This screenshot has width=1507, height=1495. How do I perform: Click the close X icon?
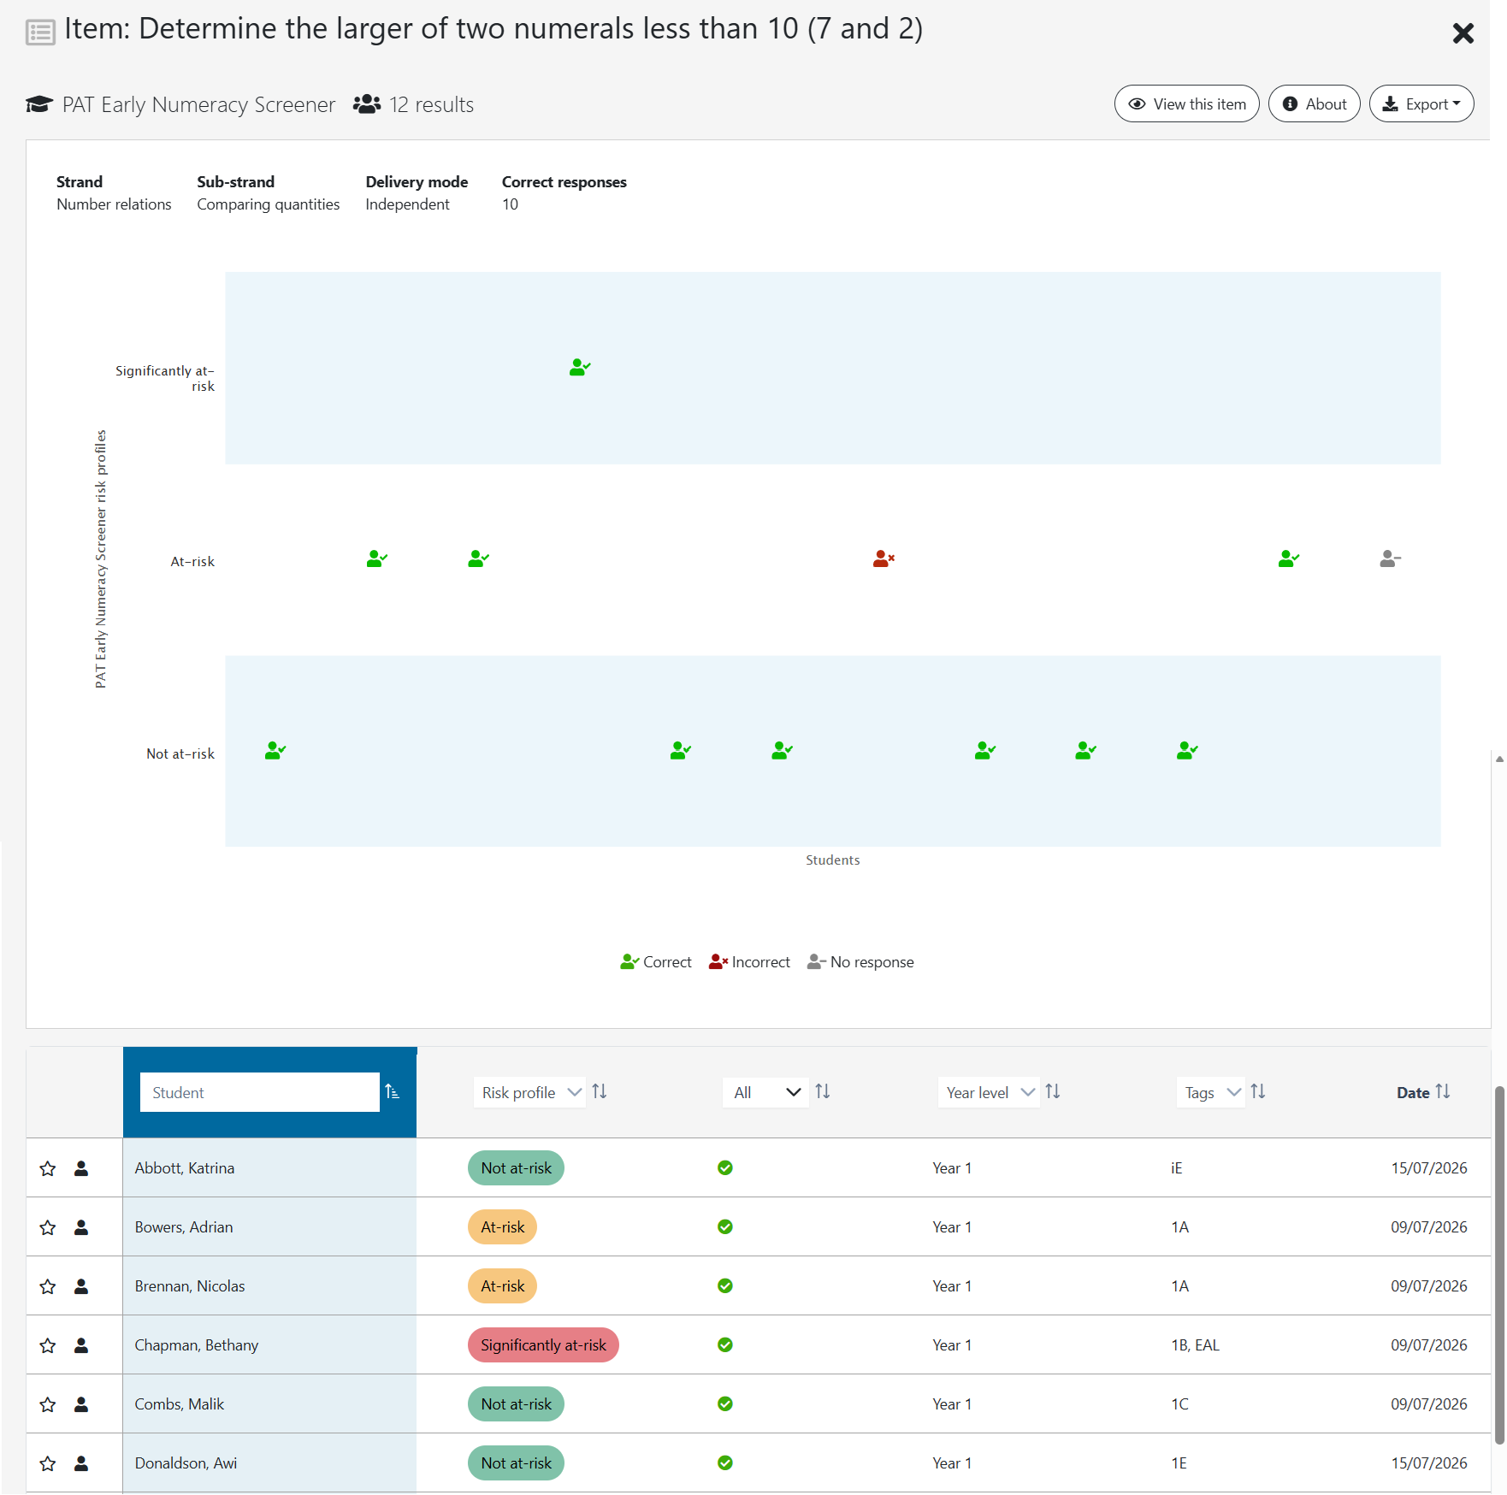pos(1463,33)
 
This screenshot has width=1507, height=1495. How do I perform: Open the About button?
pos(1314,103)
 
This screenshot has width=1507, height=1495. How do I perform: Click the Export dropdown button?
pos(1421,103)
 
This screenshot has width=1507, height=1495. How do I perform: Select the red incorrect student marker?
pos(884,558)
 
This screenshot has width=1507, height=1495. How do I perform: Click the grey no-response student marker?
pos(1390,558)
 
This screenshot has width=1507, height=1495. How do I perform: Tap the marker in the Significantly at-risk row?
pos(580,367)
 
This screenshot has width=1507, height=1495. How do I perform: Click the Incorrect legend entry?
pos(749,962)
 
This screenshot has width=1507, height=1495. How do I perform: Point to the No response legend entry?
pos(860,962)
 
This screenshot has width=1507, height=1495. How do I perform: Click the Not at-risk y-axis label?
pos(180,753)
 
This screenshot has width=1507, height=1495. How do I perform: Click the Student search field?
pos(260,1092)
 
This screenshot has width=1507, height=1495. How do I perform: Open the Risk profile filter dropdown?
pos(529,1092)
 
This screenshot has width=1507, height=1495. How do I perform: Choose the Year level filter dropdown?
pos(989,1092)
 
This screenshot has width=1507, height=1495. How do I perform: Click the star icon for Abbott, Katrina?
pos(48,1168)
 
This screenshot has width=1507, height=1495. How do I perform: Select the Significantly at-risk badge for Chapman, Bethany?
pos(543,1345)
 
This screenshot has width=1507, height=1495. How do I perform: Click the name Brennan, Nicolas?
pos(190,1286)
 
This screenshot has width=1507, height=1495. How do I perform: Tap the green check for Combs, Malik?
pos(725,1404)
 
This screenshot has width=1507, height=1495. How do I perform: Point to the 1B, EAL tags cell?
pos(1195,1345)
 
